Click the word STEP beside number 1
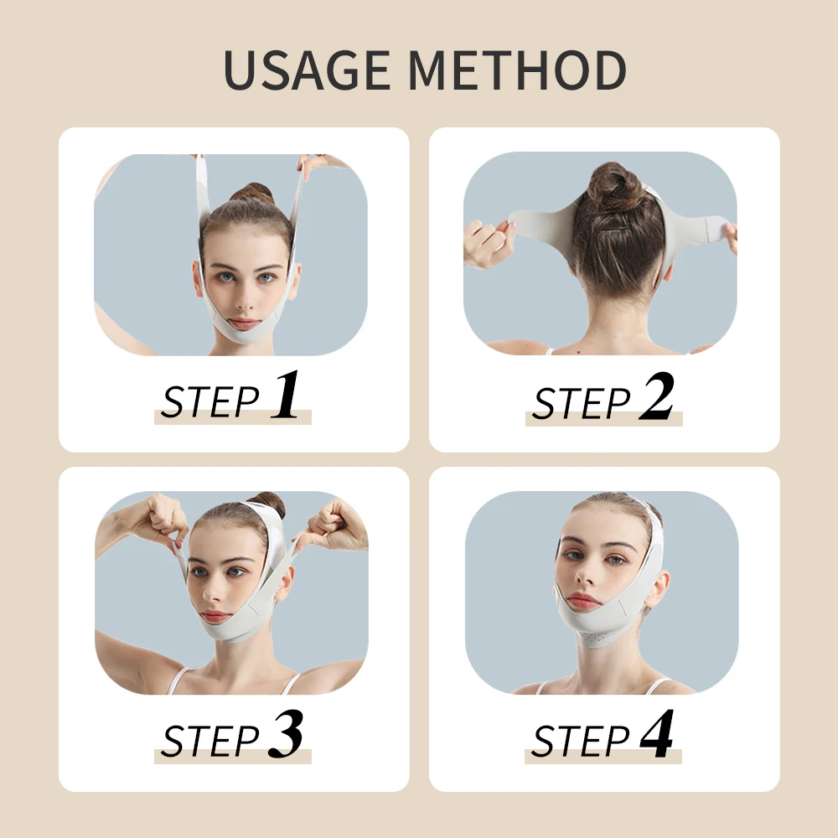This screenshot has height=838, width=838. coord(210,402)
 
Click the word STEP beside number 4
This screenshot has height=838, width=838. coord(581,742)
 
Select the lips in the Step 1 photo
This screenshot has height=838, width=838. coord(245,323)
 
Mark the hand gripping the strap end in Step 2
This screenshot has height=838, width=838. coord(489,242)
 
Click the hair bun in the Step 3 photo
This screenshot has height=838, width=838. coord(270,503)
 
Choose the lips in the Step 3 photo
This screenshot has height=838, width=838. coord(216,616)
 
